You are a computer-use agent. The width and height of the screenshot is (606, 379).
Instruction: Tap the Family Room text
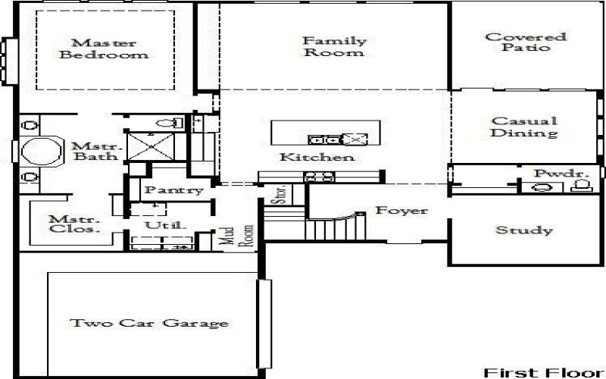334,46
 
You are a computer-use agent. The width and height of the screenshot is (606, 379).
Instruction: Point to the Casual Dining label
523,127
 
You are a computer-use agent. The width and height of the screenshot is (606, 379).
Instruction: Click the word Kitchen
317,158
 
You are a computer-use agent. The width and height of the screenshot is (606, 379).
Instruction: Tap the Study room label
523,230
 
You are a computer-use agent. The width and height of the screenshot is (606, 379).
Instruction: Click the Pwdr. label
561,174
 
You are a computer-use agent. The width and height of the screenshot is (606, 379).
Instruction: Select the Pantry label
173,190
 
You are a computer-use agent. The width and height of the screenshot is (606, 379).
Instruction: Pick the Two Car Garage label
149,323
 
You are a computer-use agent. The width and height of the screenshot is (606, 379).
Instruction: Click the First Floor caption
542,372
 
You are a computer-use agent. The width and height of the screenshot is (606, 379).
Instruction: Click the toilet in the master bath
173,122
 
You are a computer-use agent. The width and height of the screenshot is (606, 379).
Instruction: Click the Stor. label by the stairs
279,196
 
